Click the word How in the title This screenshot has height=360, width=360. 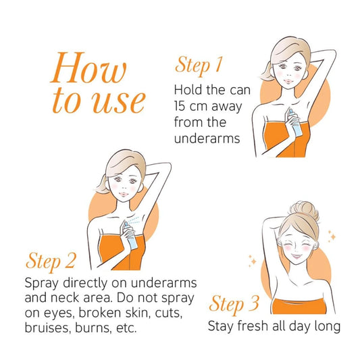(x=88, y=68)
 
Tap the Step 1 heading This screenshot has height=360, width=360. (x=199, y=65)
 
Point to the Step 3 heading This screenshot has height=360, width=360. (x=234, y=304)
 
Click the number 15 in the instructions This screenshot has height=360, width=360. (x=179, y=106)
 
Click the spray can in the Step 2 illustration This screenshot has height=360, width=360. (x=130, y=235)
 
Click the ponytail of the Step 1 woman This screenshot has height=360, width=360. (x=266, y=71)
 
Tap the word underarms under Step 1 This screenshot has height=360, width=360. (x=207, y=138)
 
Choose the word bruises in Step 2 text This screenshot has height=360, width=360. (x=47, y=328)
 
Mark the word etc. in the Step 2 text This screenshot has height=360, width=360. (x=126, y=328)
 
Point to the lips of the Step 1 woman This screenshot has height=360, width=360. (x=287, y=81)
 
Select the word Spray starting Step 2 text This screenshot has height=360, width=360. (x=42, y=284)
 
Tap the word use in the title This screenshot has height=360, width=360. (x=119, y=102)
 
